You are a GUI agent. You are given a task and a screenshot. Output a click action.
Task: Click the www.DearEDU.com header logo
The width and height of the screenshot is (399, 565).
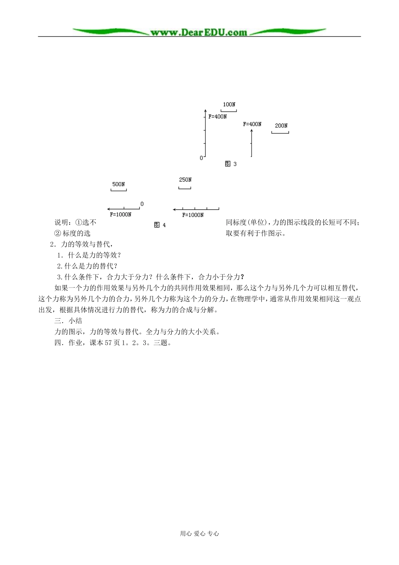[x=199, y=32]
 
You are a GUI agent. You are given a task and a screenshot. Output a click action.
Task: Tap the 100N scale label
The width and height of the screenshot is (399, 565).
[x=229, y=104]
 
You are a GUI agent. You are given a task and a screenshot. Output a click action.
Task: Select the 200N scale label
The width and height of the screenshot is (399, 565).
[x=281, y=125]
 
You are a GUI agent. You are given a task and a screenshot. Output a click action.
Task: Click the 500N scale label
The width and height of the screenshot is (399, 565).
[x=118, y=184]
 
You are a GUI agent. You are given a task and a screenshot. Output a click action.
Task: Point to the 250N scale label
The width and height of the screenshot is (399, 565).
[x=185, y=180]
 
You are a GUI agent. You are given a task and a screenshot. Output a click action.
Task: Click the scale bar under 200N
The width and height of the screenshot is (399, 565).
[x=280, y=133]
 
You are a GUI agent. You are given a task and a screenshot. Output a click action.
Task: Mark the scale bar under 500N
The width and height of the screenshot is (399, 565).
[x=118, y=190]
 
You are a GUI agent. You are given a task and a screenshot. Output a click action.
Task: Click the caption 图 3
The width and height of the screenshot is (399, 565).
[x=231, y=164]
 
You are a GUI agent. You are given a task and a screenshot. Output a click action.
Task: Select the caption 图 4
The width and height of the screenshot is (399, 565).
[x=160, y=225]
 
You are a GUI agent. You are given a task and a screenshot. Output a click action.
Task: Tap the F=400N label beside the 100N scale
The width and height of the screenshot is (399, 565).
[x=218, y=116]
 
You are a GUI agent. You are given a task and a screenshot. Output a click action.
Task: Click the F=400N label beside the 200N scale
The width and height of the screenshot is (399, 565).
[x=252, y=124]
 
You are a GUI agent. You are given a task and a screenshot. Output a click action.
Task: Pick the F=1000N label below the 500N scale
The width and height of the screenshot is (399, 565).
[x=121, y=214]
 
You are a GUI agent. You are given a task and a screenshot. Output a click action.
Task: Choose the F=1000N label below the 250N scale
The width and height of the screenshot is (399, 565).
[x=193, y=215]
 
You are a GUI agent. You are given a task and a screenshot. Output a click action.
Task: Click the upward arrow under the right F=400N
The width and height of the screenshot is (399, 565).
[x=252, y=143]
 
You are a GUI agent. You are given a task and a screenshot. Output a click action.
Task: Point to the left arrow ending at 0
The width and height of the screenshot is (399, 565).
[x=123, y=209]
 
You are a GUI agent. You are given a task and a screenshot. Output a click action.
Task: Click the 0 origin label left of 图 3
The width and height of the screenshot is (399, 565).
[x=201, y=158]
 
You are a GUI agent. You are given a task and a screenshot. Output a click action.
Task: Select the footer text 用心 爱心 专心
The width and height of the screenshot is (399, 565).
[x=199, y=533]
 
